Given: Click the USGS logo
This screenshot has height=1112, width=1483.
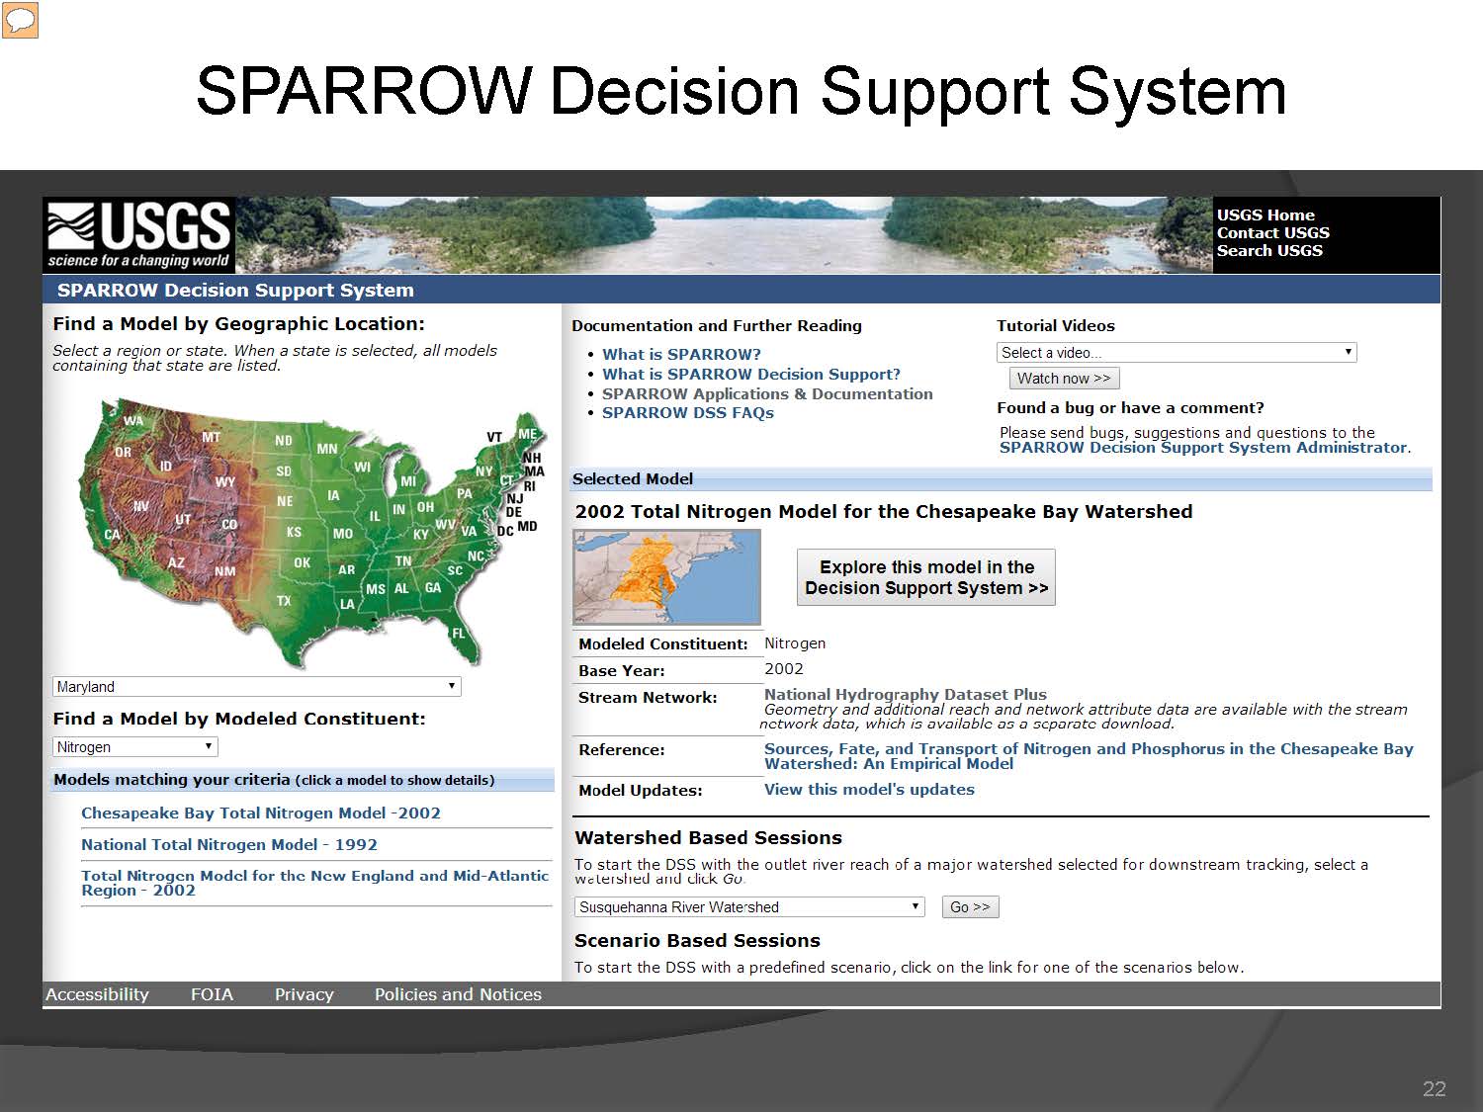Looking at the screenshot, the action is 139,235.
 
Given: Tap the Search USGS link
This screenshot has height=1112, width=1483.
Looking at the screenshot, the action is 1269,250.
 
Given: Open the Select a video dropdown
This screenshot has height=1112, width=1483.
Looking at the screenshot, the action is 1177,353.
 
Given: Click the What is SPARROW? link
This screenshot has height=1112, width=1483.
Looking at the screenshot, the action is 681,355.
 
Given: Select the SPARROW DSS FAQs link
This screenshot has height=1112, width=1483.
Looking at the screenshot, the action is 688,412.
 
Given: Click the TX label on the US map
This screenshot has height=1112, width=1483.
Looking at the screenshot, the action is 284,600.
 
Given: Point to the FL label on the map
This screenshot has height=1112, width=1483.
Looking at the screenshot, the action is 459,634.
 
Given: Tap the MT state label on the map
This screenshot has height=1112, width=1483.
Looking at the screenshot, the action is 211,437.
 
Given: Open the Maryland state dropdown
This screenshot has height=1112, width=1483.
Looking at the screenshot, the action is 257,687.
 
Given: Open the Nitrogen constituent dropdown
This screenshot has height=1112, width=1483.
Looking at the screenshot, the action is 135,746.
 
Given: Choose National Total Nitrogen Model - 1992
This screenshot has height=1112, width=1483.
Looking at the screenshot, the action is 229,845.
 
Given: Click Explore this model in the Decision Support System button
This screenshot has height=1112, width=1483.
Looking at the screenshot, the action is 925,577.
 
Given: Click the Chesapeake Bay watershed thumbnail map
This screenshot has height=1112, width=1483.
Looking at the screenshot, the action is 666,576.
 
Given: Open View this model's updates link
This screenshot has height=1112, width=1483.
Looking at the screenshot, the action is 869,789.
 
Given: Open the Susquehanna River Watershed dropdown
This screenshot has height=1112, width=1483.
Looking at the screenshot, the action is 749,906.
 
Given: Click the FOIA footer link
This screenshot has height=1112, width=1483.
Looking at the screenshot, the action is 212,994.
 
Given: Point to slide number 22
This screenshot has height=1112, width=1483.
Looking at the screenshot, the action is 1434,1089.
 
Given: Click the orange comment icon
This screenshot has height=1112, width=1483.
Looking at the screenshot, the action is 21,20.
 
